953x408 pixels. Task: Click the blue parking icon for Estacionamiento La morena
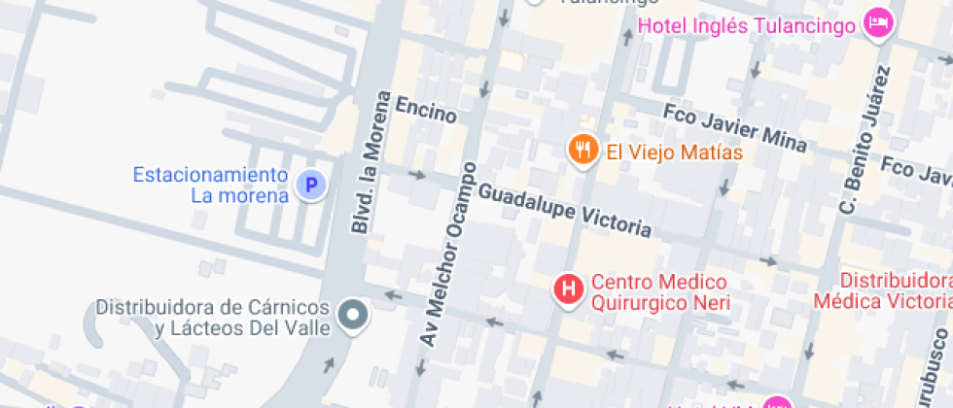pyautogui.click(x=310, y=185)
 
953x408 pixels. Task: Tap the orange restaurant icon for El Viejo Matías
pyautogui.click(x=582, y=149)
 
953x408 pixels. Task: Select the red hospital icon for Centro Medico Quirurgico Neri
pyautogui.click(x=568, y=289)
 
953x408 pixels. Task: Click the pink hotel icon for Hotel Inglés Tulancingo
pyautogui.click(x=879, y=23)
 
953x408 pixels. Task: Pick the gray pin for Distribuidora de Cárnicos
pyautogui.click(x=352, y=314)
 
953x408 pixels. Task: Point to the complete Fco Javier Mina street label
pyautogui.click(x=734, y=126)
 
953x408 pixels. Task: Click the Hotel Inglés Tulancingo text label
pyautogui.click(x=747, y=23)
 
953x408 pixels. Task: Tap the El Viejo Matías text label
pyautogui.click(x=674, y=153)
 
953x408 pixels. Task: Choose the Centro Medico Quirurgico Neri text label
pyautogui.click(x=660, y=292)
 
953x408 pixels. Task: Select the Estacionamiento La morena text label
pyautogui.click(x=211, y=185)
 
